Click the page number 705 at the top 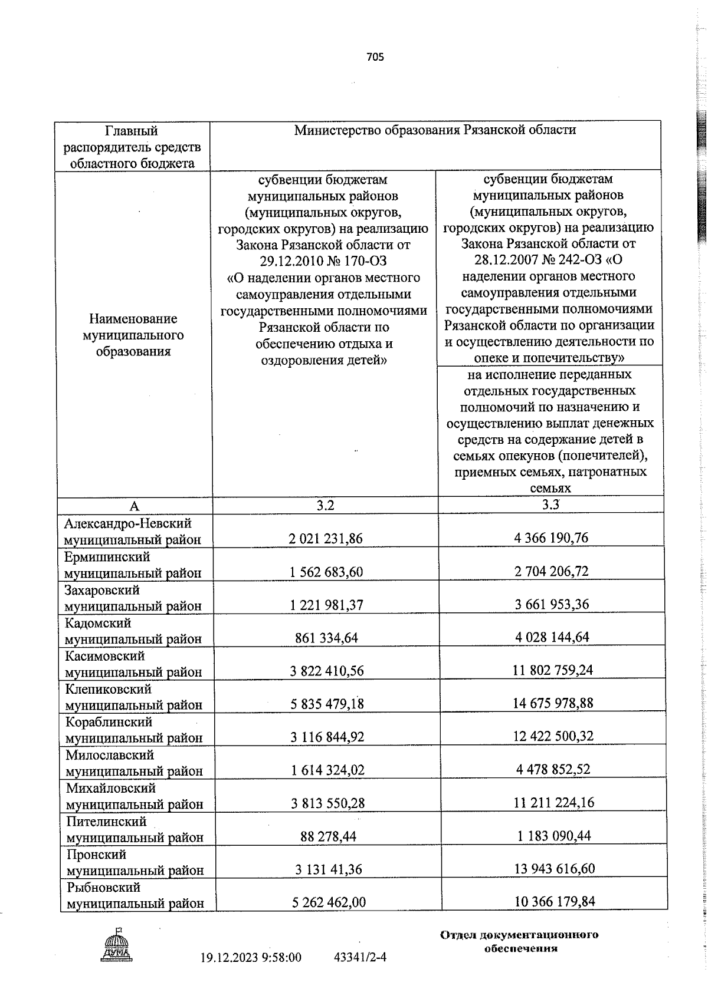click(375, 57)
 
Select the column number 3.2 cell click(325, 505)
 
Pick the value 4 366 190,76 click(551, 538)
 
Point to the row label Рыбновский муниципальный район click(134, 895)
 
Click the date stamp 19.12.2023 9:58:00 click(251, 958)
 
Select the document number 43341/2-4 click(359, 958)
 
